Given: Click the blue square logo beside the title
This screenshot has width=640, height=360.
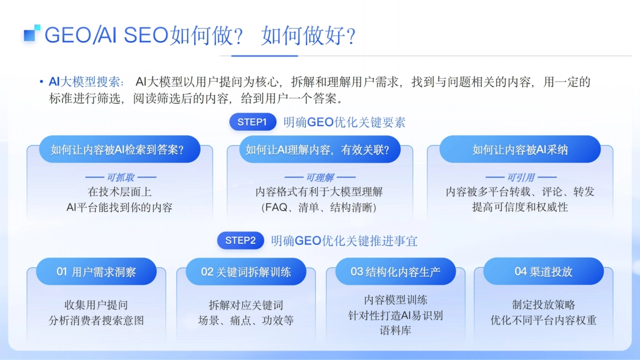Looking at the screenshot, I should [32, 33].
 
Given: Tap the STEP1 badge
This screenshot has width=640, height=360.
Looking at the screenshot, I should [252, 122].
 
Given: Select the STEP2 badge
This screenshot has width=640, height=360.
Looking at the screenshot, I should [241, 241].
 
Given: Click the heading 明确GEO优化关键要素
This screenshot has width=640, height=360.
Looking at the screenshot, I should [345, 122].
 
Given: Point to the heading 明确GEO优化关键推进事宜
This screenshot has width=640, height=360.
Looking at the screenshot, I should [344, 241].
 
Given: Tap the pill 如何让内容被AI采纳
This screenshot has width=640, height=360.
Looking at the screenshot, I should [520, 150].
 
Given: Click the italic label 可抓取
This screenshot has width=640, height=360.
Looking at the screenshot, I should [121, 178].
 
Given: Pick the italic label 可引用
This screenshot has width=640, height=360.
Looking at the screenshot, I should [521, 178].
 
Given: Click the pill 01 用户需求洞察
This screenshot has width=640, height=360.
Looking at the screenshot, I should [97, 271].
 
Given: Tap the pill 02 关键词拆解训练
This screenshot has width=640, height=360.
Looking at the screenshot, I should [246, 271].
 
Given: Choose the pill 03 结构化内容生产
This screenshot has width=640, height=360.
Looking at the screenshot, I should [395, 271].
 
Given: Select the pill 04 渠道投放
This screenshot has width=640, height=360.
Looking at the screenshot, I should [543, 271].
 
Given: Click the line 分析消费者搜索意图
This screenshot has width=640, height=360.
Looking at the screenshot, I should [96, 321].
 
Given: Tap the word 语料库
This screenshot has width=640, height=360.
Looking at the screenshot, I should [395, 331].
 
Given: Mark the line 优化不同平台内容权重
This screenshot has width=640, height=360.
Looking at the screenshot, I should [543, 321].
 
